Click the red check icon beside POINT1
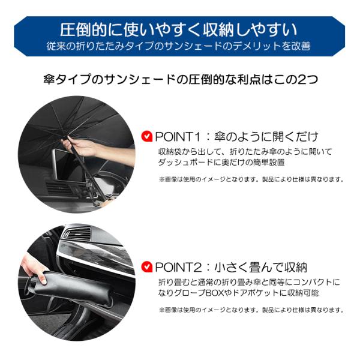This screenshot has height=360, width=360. tap(147, 136)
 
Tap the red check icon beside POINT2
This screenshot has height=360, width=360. tap(147, 267)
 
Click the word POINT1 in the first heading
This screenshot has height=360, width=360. tap(178, 137)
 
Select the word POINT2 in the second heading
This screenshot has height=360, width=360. tap(179, 267)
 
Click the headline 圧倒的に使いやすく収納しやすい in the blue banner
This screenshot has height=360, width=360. tap(179, 30)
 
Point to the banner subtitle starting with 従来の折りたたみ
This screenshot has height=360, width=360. tap(179, 46)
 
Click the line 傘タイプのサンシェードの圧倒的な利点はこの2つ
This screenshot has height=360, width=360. tap(181, 79)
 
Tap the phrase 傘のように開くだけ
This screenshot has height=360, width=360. tap(266, 137)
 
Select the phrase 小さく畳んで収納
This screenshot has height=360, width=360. tap(260, 267)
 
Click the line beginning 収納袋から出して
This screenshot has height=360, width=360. tap(245, 152)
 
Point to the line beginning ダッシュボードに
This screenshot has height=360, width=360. tap(221, 163)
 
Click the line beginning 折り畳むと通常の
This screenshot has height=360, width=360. tap(249, 282)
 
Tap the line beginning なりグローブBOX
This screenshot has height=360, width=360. tap(238, 293)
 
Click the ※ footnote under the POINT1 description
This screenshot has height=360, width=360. tap(251, 179)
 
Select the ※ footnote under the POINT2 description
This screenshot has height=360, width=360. tap(251, 310)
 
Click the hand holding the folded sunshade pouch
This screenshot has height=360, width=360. tap(34, 268)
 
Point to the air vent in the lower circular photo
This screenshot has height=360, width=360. tap(78, 235)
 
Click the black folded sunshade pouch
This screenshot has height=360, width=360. tap(73, 289)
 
